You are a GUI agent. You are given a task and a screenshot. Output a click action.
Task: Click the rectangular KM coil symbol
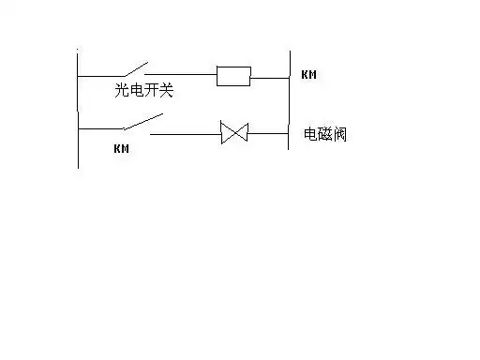tap(233, 75)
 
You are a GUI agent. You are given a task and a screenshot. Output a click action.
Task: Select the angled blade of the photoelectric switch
tap(132, 69)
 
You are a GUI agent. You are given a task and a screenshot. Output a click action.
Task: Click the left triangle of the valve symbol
tap(227, 132)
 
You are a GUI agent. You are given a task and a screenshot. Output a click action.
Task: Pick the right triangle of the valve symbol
tap(240, 132)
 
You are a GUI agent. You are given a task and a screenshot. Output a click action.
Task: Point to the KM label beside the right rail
tap(308, 74)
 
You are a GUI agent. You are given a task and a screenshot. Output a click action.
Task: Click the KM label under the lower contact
tap(120, 148)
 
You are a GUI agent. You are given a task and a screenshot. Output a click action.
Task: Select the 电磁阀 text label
tap(326, 134)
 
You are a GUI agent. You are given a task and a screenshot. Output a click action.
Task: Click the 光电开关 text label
tap(138, 91)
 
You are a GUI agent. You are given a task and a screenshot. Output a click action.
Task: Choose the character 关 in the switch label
tap(165, 91)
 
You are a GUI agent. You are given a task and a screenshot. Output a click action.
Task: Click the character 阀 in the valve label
tap(343, 134)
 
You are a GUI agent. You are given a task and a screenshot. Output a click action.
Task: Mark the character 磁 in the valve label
tap(326, 134)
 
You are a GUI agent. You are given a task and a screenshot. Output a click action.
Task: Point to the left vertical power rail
tap(78, 112)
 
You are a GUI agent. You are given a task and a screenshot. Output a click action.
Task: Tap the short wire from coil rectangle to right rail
tap(270, 77)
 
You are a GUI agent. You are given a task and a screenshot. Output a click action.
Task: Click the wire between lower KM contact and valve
tap(185, 132)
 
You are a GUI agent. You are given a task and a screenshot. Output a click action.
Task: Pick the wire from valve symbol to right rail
tap(267, 132)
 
